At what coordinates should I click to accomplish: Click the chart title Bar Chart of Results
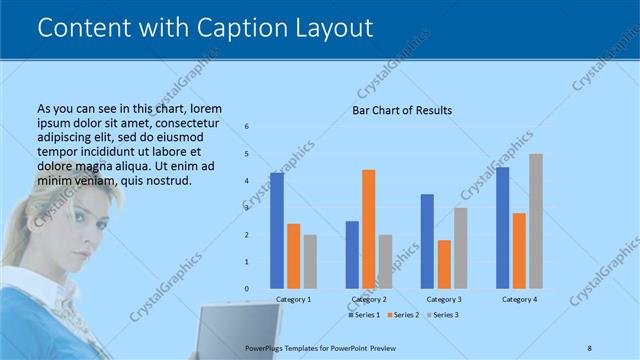[x=402, y=110]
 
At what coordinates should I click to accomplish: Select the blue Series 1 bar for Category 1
[x=277, y=231]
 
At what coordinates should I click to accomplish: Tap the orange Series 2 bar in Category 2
[x=368, y=229]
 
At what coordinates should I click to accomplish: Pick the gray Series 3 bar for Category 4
[x=536, y=221]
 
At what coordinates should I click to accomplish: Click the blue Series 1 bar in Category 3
[x=427, y=241]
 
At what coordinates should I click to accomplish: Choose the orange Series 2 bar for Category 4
[x=519, y=250]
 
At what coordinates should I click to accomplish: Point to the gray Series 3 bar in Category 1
[x=310, y=262]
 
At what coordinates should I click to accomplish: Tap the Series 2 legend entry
[x=402, y=315]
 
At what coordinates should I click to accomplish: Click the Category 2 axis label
[x=369, y=299]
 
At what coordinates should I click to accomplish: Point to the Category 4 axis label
[x=519, y=299]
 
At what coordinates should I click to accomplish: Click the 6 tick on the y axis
[x=247, y=126]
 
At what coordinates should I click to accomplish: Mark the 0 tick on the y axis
[x=247, y=289]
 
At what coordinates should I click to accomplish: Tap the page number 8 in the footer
[x=589, y=347]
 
